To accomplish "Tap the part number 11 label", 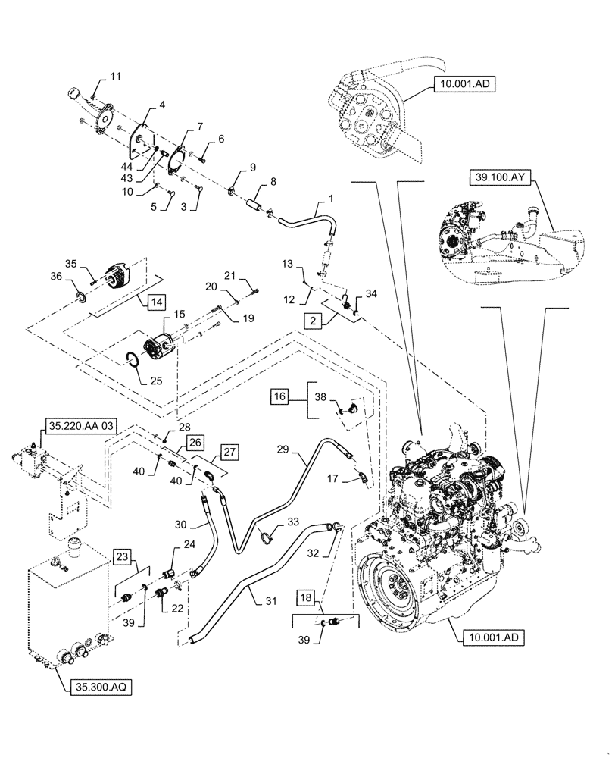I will click(115, 77).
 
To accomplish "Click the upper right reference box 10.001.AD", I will click(464, 85).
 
